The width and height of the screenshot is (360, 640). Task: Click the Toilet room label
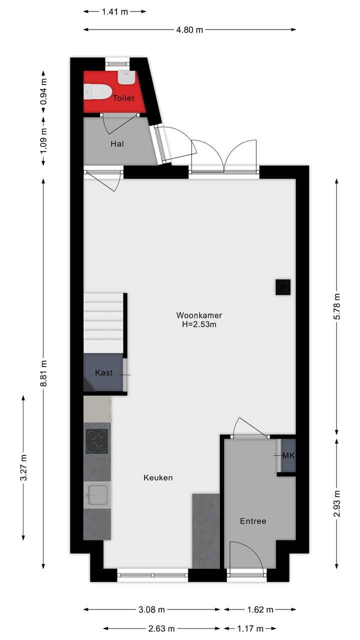123,98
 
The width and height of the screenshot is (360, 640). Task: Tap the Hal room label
116,144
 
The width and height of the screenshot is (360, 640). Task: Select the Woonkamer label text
199,315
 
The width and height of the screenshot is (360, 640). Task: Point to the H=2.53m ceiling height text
199,324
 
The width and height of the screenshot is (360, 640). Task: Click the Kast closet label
103,373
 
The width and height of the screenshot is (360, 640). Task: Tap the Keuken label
158,477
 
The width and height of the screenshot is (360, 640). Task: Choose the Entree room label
253,521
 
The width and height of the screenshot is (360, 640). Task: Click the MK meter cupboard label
288,455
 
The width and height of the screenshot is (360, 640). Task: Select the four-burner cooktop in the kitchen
96,441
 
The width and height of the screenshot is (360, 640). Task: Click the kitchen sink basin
96,495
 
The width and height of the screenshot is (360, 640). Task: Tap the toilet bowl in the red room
98,91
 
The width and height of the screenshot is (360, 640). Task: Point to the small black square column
283,287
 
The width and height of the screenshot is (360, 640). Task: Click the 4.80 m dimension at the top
189,29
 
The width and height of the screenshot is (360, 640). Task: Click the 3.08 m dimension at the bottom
151,609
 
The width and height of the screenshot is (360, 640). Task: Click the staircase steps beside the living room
103,322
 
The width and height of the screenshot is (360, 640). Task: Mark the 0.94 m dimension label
43,92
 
